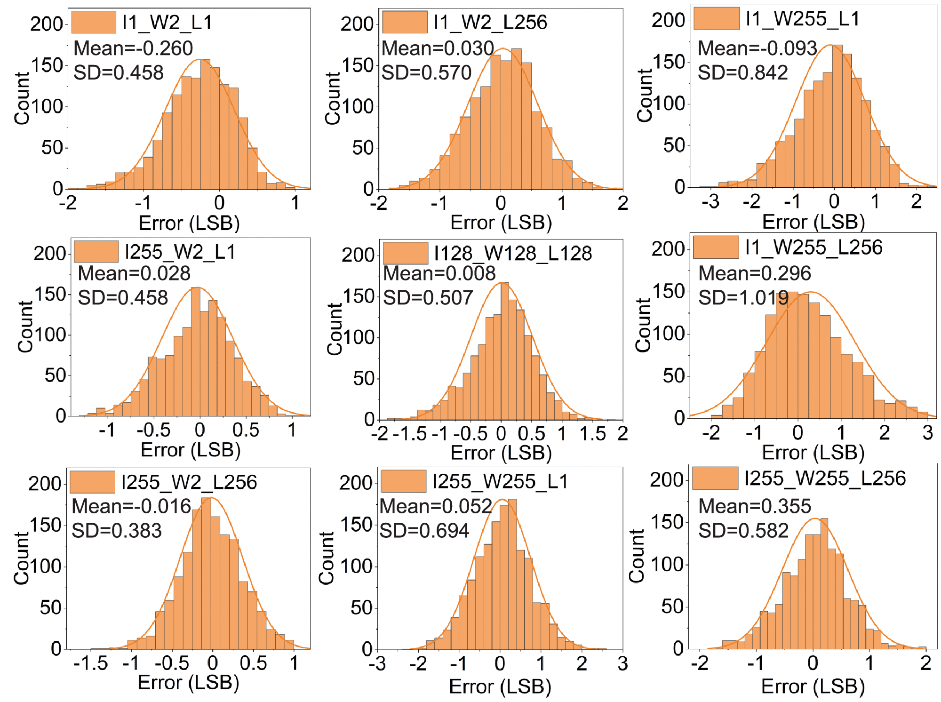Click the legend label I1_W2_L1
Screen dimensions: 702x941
coord(167,22)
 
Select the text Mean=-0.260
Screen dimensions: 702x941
coord(133,48)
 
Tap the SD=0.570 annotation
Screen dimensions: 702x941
coord(426,72)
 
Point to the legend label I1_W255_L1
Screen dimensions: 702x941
coord(803,19)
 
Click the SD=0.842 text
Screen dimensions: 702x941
coord(742,72)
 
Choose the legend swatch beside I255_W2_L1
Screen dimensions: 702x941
coord(96,252)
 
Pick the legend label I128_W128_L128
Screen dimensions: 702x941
coord(513,253)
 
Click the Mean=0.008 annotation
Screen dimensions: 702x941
coord(439,273)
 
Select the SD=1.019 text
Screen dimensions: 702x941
coord(743,297)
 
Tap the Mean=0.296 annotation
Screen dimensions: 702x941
coord(755,273)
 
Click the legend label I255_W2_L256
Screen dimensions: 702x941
coord(189,482)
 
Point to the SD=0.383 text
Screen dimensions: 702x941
coord(117,531)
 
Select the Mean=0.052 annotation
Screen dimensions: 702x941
coord(436,506)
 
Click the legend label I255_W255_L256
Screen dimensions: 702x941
coord(825,479)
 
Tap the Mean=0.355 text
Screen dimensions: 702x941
coord(755,506)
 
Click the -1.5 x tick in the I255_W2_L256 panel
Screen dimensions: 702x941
coord(91,663)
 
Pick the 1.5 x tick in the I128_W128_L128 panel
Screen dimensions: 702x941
coord(592,434)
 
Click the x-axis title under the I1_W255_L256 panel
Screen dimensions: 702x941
coord(813,452)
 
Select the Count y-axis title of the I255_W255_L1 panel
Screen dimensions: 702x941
coord(326,558)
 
